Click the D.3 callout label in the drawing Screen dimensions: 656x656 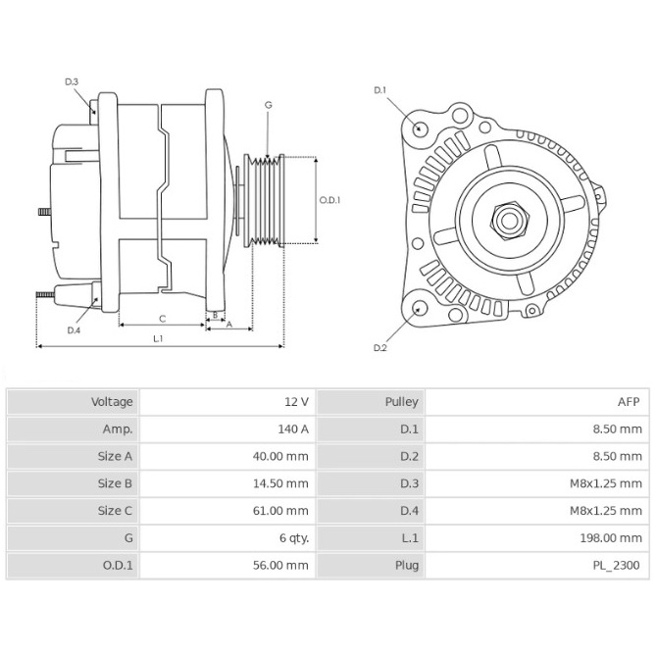72,81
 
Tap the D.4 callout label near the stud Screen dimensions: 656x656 74,330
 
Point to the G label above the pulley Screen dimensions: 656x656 268,105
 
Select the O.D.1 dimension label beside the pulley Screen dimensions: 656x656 329,200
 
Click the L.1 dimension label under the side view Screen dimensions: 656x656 158,338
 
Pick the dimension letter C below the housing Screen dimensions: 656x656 163,319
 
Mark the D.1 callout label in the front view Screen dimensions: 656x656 379,90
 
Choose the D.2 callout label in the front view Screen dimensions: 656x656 379,348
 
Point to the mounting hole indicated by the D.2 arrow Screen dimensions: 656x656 419,309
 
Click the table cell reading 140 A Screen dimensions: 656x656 293,429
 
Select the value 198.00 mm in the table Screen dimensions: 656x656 611,537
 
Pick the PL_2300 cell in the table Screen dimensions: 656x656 616,565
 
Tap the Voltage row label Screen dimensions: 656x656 112,402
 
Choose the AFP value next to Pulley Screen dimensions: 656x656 629,402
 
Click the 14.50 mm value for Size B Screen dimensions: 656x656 280,483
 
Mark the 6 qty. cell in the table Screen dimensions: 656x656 294,538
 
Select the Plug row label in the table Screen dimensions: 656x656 407,566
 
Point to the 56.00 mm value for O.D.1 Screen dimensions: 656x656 280,565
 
